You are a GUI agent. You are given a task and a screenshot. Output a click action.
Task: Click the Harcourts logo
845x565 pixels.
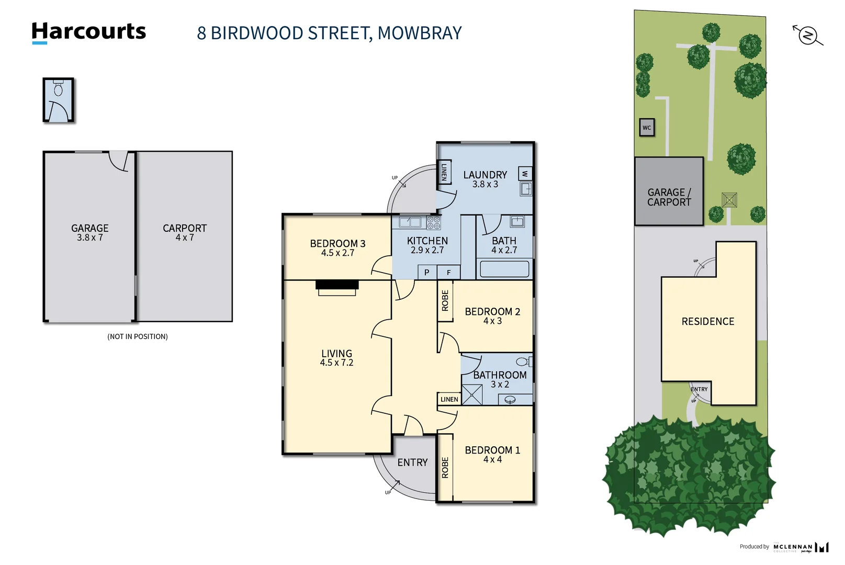88,32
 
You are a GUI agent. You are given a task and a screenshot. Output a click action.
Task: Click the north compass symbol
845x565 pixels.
808,36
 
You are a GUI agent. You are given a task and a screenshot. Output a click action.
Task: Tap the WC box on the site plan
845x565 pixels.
647,128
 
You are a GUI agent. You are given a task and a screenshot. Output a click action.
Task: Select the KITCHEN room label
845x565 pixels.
427,241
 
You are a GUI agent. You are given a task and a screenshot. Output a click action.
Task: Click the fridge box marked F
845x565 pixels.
448,273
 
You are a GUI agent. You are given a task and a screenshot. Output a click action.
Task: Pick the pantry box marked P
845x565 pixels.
427,273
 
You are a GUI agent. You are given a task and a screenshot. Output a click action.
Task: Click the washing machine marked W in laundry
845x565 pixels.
525,174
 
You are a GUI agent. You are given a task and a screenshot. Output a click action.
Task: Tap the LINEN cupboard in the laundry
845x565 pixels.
444,172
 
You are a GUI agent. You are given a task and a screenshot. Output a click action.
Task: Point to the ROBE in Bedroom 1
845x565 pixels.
445,468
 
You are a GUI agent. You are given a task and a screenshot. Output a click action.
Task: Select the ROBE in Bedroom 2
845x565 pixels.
445,301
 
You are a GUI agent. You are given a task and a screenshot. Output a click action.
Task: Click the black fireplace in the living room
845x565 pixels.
337,285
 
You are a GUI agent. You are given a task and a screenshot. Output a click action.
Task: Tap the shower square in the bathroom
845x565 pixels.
472,395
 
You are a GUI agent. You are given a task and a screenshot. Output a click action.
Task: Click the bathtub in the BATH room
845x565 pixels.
504,269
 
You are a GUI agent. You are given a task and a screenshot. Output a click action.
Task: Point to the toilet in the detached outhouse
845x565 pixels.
58,89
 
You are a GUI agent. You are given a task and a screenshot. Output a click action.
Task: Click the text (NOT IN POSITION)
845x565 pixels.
138,336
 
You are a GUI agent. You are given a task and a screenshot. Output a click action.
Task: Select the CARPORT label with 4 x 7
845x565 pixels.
185,232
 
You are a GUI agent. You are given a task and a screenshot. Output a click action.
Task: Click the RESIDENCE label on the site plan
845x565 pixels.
707,322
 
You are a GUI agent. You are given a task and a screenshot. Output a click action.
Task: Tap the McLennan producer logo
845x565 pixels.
801,547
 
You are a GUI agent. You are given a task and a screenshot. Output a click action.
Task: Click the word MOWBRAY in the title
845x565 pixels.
420,33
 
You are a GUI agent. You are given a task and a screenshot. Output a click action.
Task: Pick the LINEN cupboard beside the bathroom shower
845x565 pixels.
449,399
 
